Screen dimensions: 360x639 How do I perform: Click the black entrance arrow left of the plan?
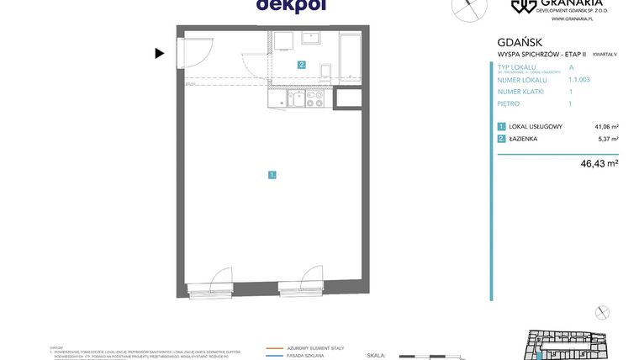159,53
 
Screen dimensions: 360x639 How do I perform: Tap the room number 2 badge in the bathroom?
301,64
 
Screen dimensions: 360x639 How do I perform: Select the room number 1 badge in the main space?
272,175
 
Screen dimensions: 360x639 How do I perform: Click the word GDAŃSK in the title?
520,42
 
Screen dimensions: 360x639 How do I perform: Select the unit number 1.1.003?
579,80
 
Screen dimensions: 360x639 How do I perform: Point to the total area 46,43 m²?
599,163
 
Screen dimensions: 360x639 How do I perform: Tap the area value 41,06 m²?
605,127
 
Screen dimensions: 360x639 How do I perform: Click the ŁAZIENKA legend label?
523,139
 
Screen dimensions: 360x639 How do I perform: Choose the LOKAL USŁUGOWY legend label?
536,127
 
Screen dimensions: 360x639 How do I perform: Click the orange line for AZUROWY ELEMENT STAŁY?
274,347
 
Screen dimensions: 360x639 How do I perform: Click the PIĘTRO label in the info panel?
509,103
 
